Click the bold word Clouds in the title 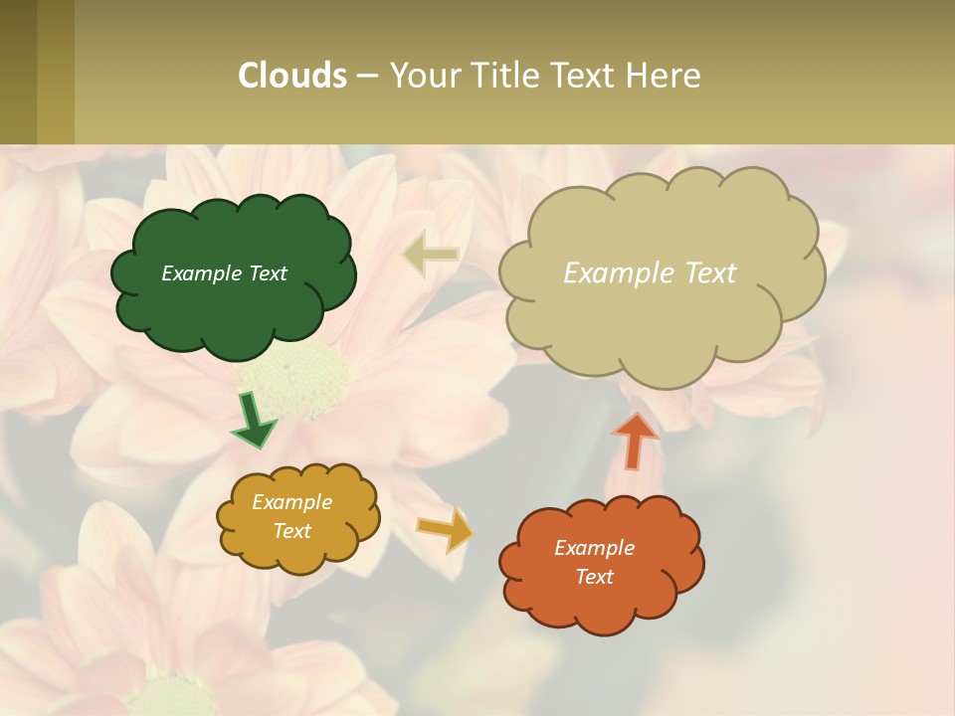(291, 76)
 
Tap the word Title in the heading (500, 76)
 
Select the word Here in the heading (663, 76)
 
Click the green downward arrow (254, 421)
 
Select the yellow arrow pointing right (445, 530)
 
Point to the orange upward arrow (636, 440)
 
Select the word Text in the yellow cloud (292, 531)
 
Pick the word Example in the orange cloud (594, 548)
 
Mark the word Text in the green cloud (268, 273)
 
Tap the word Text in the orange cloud (594, 577)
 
